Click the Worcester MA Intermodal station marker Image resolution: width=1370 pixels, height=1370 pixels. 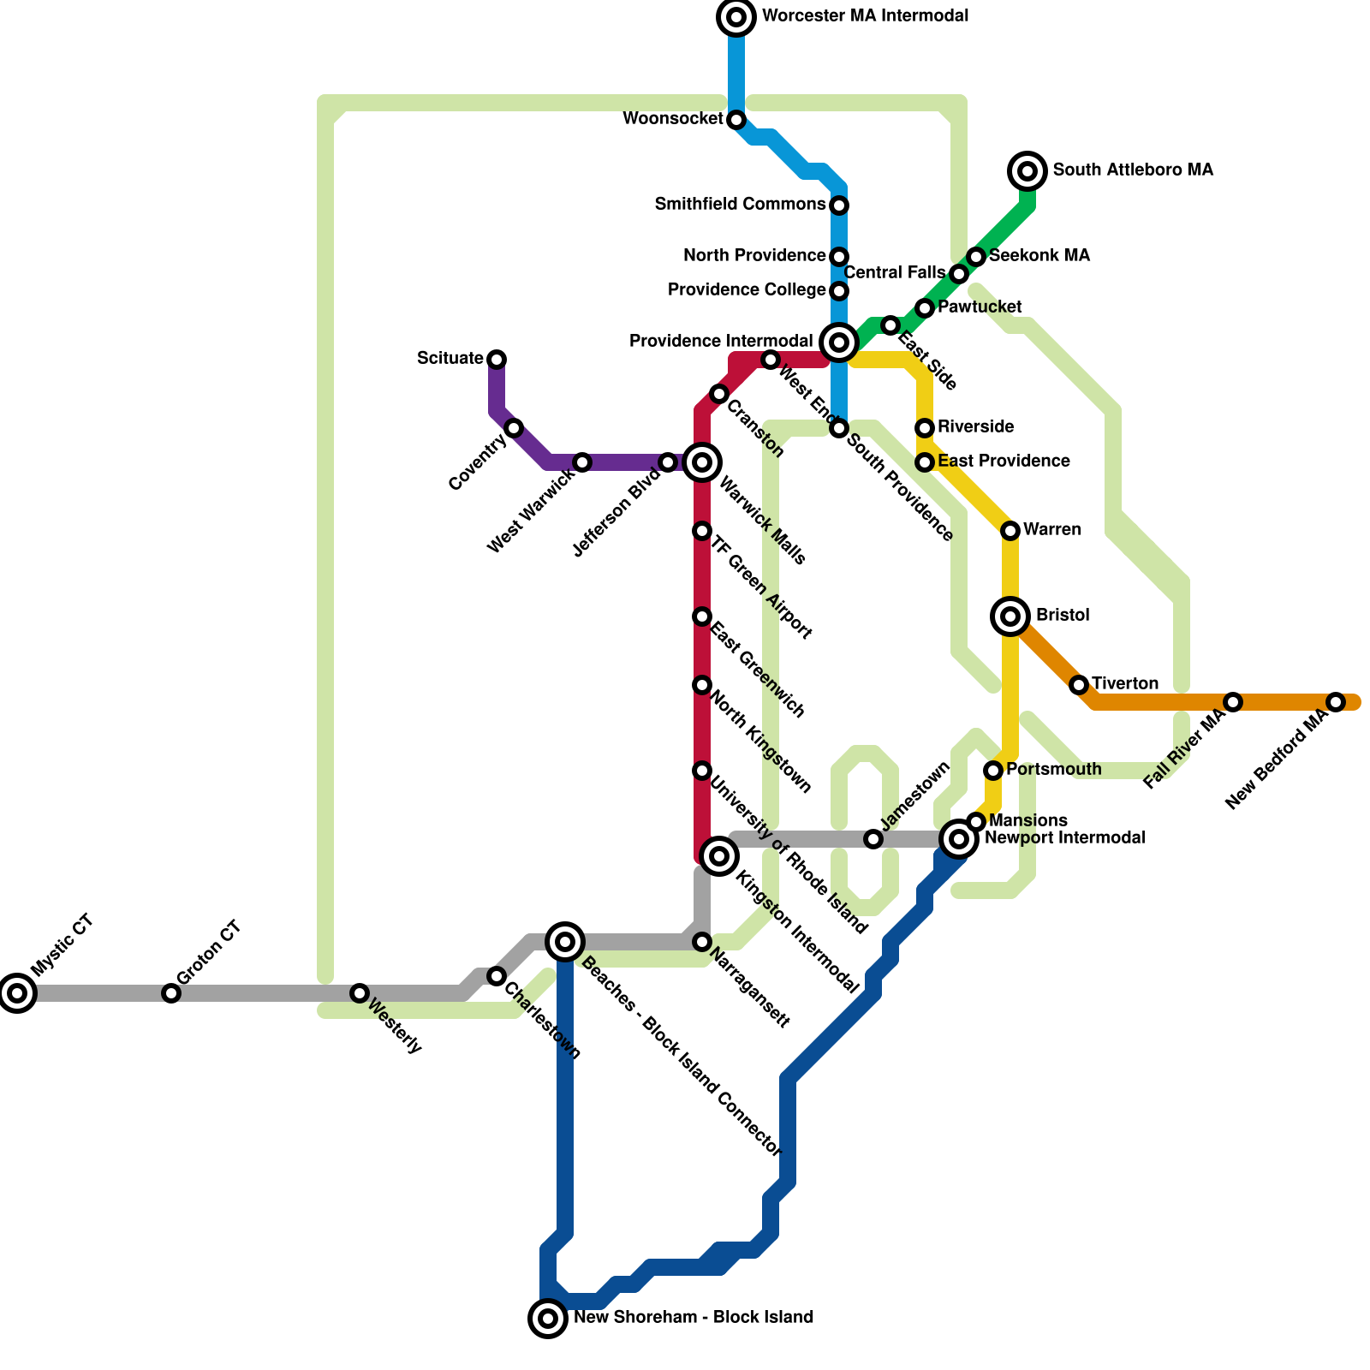736,17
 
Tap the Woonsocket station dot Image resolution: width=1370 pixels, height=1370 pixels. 736,120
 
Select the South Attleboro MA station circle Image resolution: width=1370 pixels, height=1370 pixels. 1027,171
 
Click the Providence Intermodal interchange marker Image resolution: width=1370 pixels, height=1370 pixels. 839,342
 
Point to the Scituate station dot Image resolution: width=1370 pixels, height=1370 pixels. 497,360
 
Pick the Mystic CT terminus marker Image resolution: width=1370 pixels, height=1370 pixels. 17,993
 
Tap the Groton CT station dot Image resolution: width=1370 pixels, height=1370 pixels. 171,993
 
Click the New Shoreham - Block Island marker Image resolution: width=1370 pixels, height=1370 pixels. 548,1319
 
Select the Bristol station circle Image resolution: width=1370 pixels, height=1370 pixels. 1010,616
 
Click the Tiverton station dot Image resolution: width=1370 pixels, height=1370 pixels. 1079,685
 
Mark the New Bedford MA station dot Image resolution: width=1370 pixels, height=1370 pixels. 1336,702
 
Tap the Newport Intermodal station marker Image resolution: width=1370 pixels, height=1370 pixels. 959,839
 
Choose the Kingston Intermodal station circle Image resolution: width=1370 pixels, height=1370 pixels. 719,856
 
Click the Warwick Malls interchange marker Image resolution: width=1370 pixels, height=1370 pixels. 702,462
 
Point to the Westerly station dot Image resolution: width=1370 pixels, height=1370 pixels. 360,993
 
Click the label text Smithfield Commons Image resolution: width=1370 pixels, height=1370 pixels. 740,205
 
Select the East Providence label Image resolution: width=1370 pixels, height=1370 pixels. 1004,462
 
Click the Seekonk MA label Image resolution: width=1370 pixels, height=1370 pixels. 1039,256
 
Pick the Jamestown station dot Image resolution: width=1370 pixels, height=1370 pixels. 873,839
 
